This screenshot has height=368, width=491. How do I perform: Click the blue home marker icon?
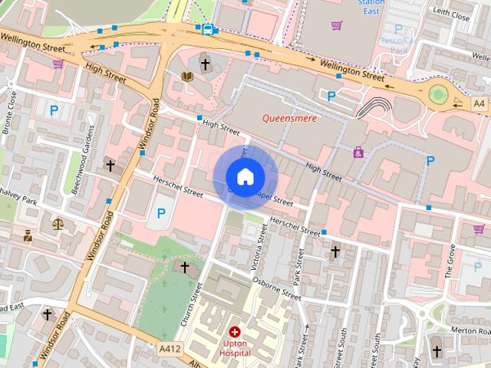244,177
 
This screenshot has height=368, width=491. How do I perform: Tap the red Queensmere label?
289,118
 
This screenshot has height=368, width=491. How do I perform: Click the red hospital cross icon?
235,332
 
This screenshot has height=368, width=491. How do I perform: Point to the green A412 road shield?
170,349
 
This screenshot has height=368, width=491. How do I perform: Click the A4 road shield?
479,103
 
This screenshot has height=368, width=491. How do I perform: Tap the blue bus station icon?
207,29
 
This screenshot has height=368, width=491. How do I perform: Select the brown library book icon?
187,77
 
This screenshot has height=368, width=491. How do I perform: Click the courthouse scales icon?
57,224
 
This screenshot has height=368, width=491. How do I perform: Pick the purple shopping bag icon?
358,153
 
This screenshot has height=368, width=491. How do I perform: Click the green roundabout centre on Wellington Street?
437,94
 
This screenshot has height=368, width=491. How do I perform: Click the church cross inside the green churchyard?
184,267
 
